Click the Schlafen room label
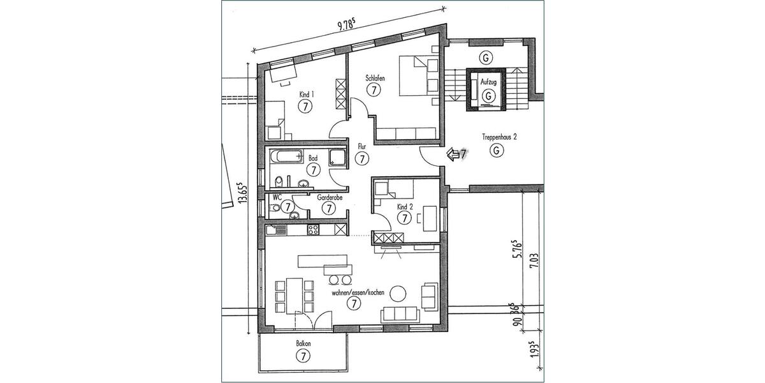click(375, 78)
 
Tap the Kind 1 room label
click(307, 94)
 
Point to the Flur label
click(361, 146)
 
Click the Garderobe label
click(330, 197)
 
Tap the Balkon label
click(303, 343)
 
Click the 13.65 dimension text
click(242, 192)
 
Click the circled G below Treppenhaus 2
click(494, 151)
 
